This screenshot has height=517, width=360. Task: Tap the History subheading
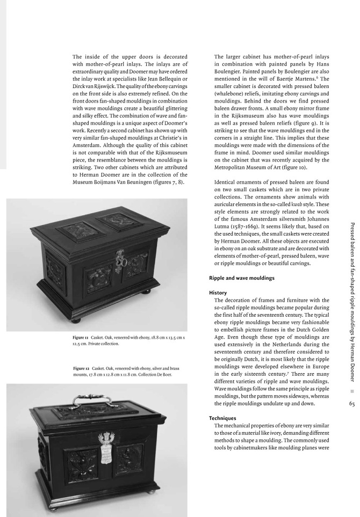click(x=220, y=293)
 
